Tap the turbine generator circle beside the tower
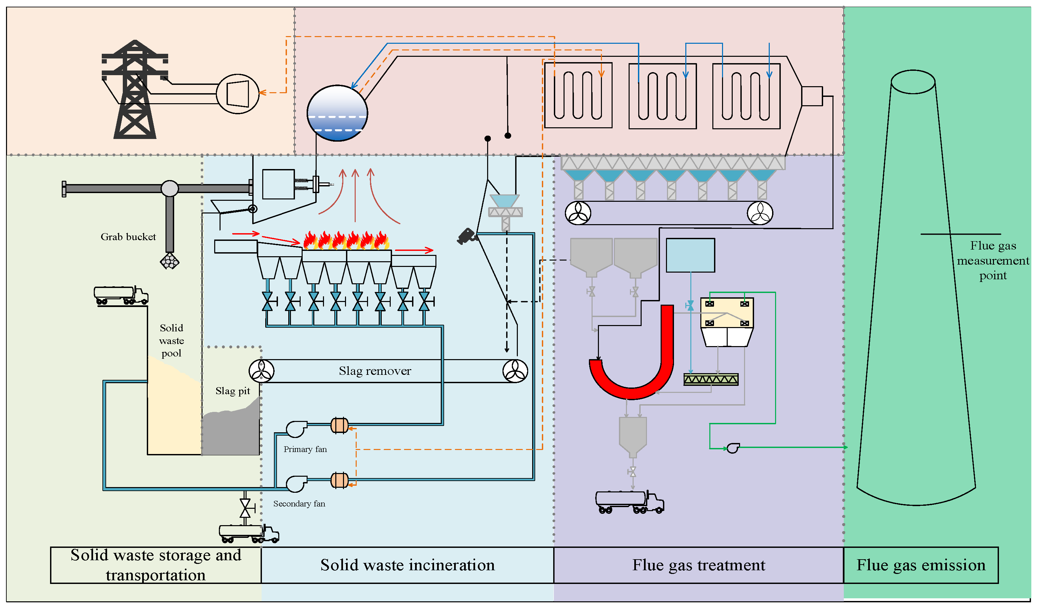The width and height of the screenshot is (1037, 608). pyautogui.click(x=238, y=94)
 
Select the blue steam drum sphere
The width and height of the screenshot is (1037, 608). pyautogui.click(x=337, y=113)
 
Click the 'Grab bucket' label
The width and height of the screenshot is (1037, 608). pyautogui.click(x=128, y=237)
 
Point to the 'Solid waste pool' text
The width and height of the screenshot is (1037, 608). pyautogui.click(x=171, y=340)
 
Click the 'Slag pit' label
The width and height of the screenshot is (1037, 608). pyautogui.click(x=233, y=391)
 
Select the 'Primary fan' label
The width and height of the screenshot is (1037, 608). pyautogui.click(x=305, y=449)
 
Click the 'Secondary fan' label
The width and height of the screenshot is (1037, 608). pyautogui.click(x=299, y=504)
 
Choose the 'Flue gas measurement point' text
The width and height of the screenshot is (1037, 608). pyautogui.click(x=993, y=260)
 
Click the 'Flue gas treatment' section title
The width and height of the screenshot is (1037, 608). pyautogui.click(x=699, y=565)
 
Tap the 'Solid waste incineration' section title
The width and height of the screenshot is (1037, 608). pyautogui.click(x=407, y=565)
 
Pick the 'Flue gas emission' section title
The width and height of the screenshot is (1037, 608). pyautogui.click(x=921, y=565)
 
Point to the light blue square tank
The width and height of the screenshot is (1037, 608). pyautogui.click(x=690, y=255)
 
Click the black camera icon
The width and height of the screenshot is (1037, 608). pyautogui.click(x=467, y=237)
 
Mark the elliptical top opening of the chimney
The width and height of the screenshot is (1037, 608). pyautogui.click(x=913, y=82)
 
